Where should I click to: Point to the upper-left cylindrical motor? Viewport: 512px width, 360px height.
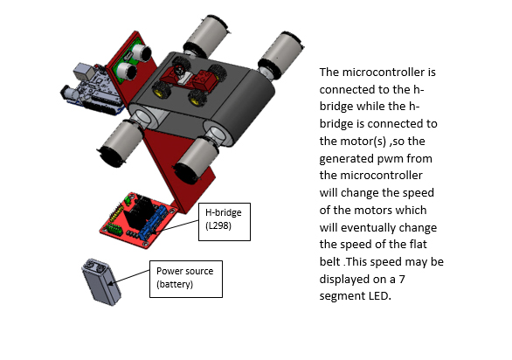[209, 37]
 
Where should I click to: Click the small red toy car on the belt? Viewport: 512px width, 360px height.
[204, 80]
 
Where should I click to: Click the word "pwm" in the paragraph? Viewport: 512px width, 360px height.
[400, 157]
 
